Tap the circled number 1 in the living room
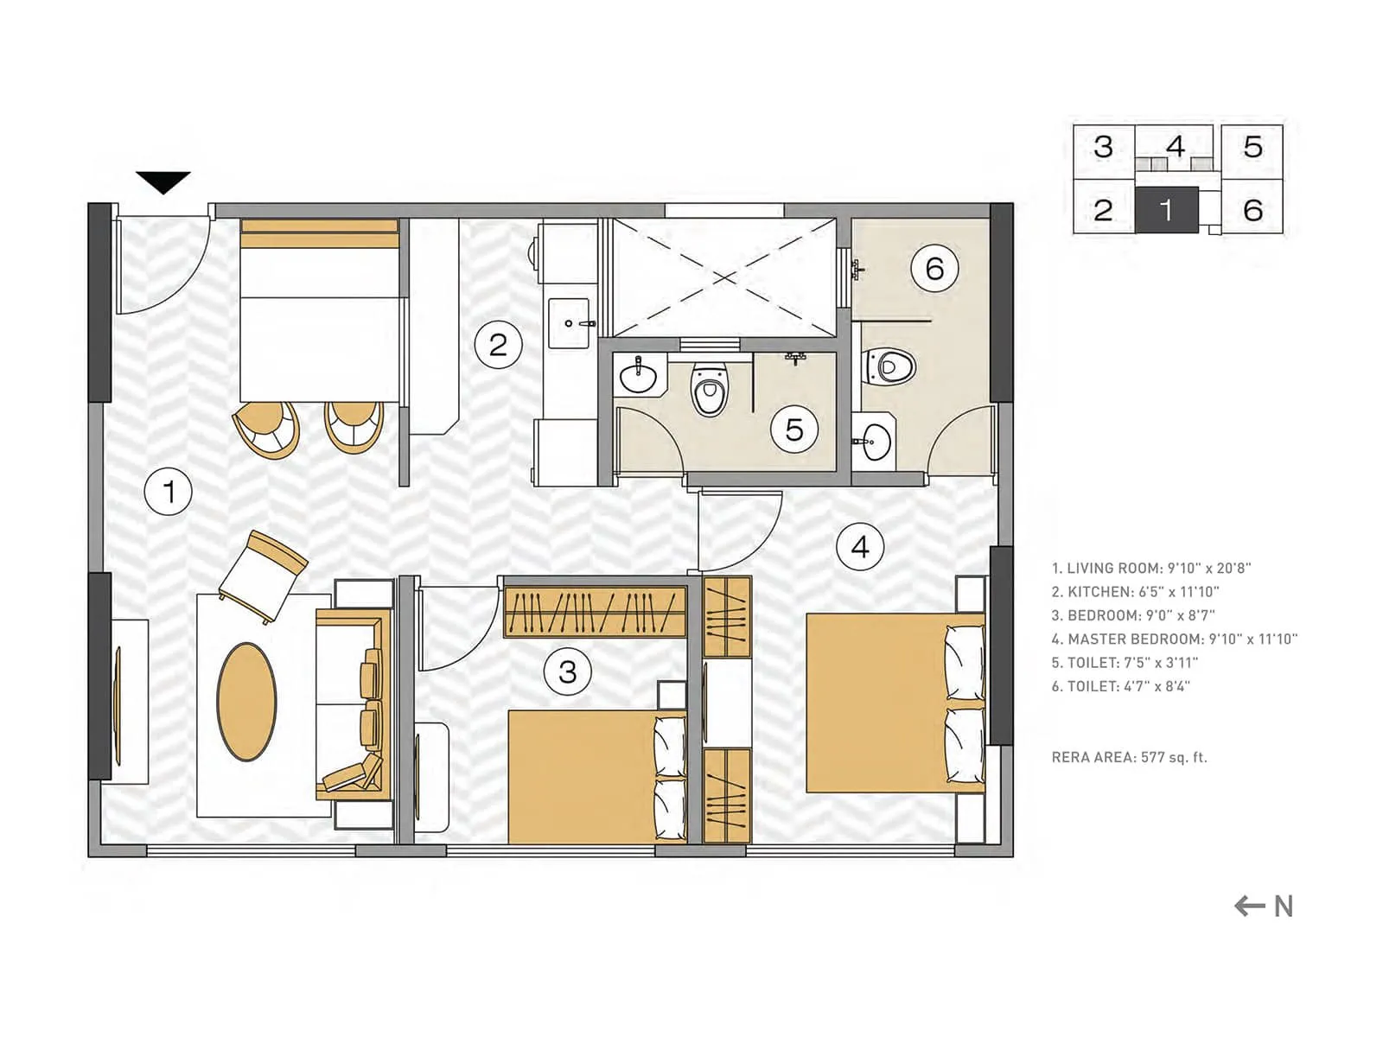pos(168,492)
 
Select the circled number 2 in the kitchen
pos(498,345)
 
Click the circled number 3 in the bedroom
pos(567,671)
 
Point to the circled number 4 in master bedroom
pos(860,547)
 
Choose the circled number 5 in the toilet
pos(794,429)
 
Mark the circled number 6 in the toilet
pos(934,269)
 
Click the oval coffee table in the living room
pos(247,702)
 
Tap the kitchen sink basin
pos(569,323)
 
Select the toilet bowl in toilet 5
pos(710,391)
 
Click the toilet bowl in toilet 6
pos(889,366)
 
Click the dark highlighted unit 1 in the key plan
pos(1166,210)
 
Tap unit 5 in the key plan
pos(1252,147)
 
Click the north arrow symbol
pos(1263,906)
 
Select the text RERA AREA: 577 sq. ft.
pos(1129,757)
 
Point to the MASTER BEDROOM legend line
pos(1174,639)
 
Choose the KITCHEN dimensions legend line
pos(1135,592)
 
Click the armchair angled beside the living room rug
pos(264,576)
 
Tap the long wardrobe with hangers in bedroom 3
pos(595,612)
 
